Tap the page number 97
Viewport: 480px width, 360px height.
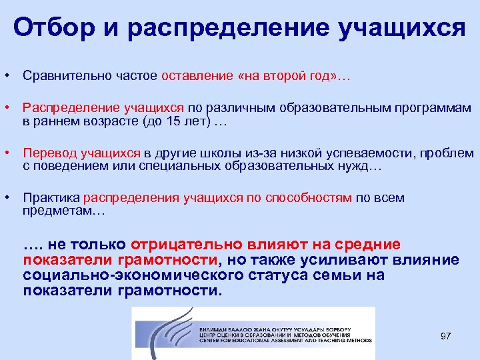click(446, 336)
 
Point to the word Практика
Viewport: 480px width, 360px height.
click(51, 198)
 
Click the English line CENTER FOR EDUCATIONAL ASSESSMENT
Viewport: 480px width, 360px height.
click(280, 340)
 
